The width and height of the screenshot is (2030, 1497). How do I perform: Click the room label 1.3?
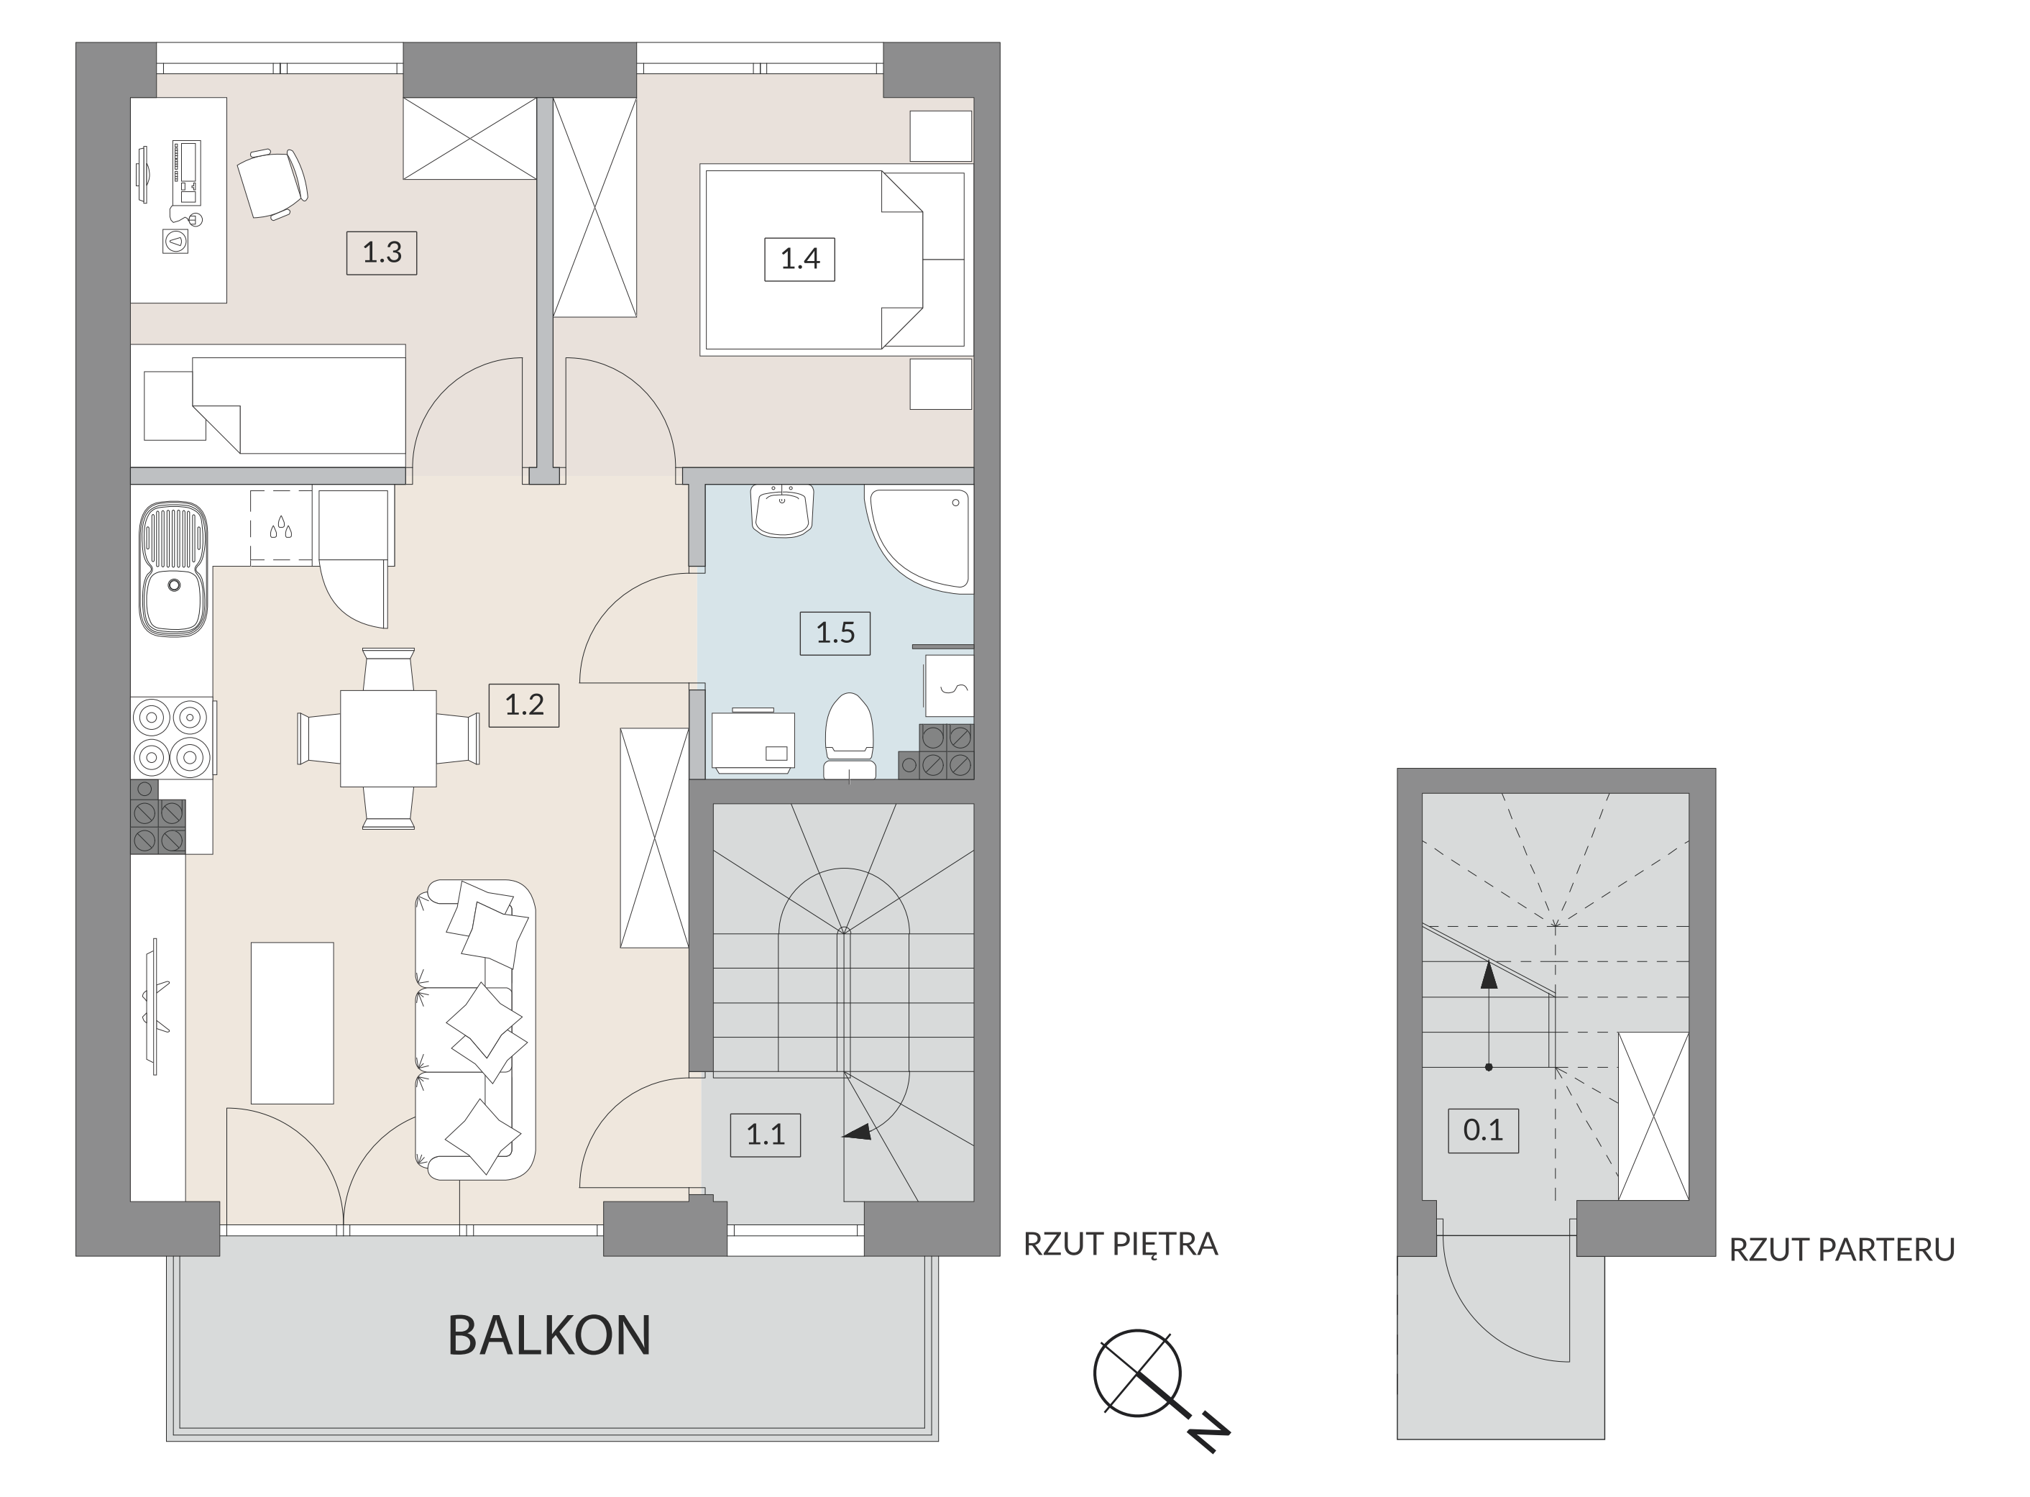click(x=382, y=252)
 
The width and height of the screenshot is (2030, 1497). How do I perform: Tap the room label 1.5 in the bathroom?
click(x=835, y=633)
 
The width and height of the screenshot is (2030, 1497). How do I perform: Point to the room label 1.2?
click(x=523, y=705)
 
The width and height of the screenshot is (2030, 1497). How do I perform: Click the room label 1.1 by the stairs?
click(x=766, y=1135)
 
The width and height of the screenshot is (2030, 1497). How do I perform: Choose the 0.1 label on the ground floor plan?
click(x=1483, y=1130)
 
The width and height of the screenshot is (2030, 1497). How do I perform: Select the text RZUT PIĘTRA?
click(x=1121, y=1244)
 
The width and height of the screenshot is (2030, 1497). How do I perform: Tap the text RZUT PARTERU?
click(x=1842, y=1250)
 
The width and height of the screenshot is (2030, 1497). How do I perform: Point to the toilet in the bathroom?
click(x=849, y=736)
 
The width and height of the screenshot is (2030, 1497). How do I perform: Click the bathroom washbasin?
click(x=783, y=511)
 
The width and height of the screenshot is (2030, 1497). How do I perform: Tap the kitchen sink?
click(x=173, y=569)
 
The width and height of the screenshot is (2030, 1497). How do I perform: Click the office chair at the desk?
click(x=272, y=185)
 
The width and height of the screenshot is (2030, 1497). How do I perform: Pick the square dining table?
click(x=387, y=738)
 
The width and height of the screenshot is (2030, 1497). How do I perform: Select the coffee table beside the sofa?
click(x=292, y=1023)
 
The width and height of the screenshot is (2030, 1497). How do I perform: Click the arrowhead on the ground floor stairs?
click(x=1487, y=974)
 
